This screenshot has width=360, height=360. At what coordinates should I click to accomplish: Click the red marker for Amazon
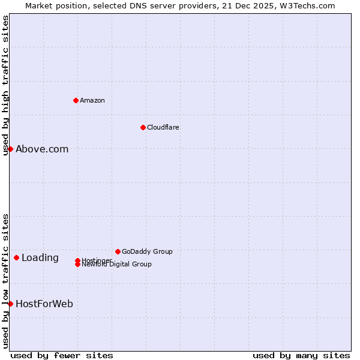click(76, 100)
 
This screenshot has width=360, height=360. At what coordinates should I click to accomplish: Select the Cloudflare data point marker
click(143, 127)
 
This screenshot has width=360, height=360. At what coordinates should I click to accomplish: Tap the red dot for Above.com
click(10, 149)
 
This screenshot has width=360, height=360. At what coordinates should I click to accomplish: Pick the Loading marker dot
click(16, 257)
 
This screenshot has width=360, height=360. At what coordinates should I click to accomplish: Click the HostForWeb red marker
click(10, 304)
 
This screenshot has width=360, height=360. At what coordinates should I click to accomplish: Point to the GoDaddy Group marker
click(118, 251)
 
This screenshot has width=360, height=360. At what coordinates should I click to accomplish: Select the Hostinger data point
click(77, 260)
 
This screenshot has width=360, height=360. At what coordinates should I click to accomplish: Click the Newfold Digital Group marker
click(77, 265)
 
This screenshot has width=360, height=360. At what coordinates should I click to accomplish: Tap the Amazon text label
click(92, 100)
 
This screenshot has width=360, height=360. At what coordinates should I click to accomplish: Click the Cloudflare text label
click(163, 127)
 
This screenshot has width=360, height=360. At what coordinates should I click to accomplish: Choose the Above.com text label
click(42, 149)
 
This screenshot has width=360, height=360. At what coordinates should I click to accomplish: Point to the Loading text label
click(40, 258)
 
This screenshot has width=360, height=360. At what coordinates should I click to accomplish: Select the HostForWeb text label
click(44, 304)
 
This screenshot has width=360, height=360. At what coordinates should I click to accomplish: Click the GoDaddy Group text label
click(147, 251)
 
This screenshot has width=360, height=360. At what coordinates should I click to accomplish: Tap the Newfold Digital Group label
click(117, 265)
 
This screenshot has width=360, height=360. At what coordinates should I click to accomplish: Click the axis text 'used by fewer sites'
click(62, 355)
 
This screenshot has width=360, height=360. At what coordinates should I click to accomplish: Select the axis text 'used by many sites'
click(301, 355)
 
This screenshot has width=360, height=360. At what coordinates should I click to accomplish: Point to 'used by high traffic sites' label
click(5, 86)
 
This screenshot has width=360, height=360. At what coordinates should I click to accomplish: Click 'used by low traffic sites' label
click(5, 281)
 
